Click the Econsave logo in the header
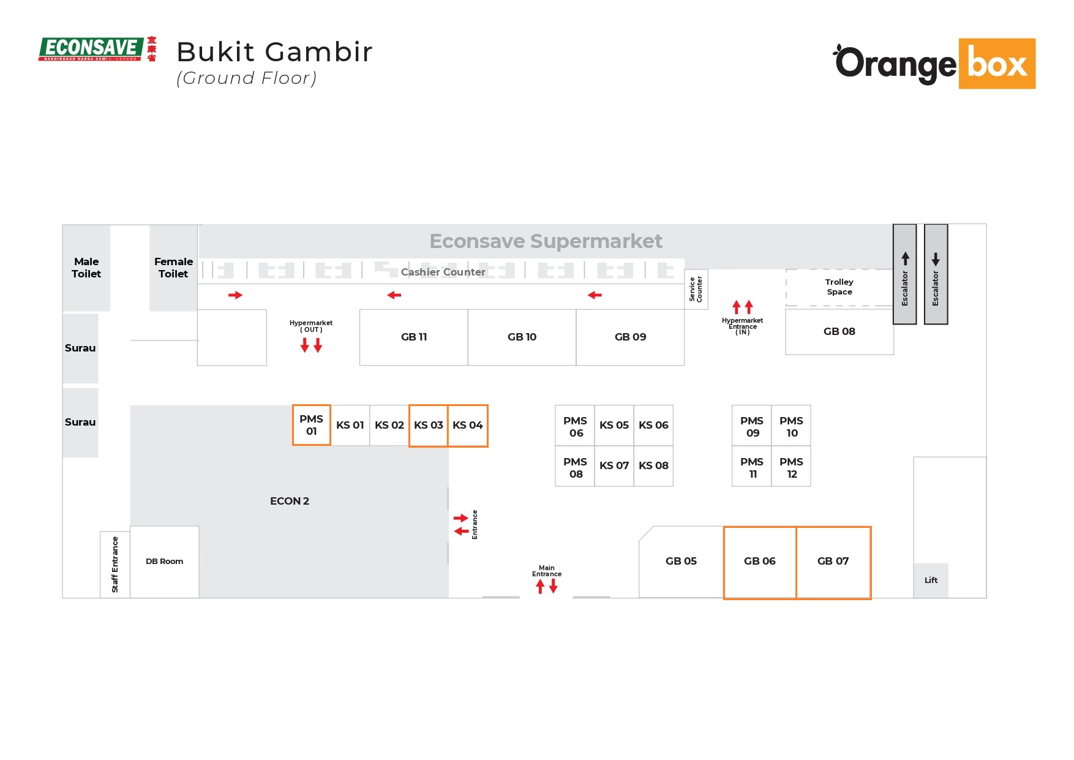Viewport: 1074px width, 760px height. click(x=97, y=49)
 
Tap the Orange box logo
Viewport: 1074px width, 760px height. click(x=934, y=64)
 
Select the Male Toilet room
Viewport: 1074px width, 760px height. click(x=86, y=268)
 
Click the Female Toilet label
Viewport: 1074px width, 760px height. click(x=173, y=268)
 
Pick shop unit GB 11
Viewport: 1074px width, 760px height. click(x=413, y=337)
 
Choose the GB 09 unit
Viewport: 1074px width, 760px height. click(x=630, y=337)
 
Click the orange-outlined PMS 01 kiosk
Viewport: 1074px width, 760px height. click(x=311, y=425)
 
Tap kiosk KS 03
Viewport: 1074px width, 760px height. click(x=428, y=426)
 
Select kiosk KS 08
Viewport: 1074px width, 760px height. click(x=653, y=466)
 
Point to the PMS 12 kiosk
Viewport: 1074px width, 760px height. click(x=791, y=468)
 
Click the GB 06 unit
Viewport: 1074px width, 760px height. click(x=759, y=562)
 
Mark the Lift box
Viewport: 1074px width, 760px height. click(x=931, y=581)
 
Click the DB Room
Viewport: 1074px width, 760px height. click(x=164, y=562)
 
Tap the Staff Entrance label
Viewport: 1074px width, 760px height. click(x=115, y=565)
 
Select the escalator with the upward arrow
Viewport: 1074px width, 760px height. click(x=904, y=274)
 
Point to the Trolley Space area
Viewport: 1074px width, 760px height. click(x=839, y=287)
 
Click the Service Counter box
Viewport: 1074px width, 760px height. click(x=696, y=289)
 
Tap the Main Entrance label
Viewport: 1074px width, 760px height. click(x=546, y=571)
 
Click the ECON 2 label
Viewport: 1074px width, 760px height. click(x=289, y=502)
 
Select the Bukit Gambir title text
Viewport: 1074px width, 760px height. click(x=274, y=52)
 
